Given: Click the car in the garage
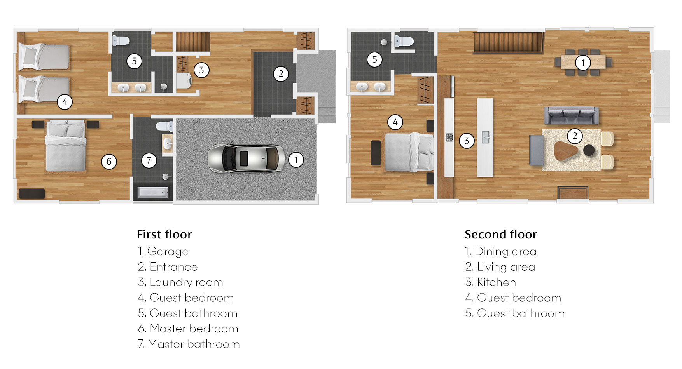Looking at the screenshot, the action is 246,158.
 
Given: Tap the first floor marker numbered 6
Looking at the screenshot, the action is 109,162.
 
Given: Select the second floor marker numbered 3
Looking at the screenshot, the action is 467,141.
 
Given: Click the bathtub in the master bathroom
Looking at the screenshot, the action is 153,192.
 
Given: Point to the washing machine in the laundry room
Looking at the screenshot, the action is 184,81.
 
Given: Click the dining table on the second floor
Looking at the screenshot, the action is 583,62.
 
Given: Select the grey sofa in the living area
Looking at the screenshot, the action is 571,116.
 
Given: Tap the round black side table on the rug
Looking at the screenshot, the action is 589,150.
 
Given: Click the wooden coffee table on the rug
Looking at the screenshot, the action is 566,151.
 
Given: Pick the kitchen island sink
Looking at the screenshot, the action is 485,137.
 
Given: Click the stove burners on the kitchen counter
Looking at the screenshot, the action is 449,137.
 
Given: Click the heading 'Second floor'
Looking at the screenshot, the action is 501,235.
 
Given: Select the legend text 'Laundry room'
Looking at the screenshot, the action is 186,282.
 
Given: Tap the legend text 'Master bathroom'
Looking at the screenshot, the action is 194,344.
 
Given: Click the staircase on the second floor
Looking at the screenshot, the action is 508,42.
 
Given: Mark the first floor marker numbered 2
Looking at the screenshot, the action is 281,74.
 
